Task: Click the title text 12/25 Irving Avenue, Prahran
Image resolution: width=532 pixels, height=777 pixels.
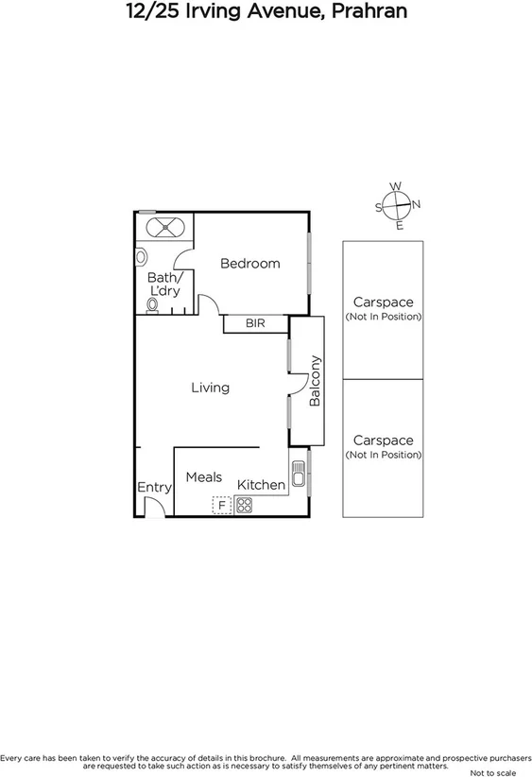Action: (x=266, y=12)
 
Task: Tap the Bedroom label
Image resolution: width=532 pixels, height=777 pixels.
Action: (x=250, y=264)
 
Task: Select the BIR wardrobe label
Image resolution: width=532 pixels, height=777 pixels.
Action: (x=255, y=323)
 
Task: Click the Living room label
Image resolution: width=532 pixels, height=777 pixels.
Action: (x=210, y=388)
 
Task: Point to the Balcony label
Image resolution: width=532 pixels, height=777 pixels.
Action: (x=317, y=381)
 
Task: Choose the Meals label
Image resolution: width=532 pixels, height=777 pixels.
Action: (x=203, y=477)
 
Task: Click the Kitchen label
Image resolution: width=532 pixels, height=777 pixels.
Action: (x=261, y=485)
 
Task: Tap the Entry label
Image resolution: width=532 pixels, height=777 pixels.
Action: (x=154, y=488)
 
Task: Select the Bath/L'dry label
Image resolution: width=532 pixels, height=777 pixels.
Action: (x=163, y=285)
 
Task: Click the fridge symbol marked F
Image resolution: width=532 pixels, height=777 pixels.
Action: (x=221, y=506)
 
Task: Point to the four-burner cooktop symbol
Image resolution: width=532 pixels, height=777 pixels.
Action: (x=244, y=506)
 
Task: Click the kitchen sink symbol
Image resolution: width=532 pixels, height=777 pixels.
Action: (x=299, y=472)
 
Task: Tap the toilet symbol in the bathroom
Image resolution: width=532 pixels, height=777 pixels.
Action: (x=152, y=306)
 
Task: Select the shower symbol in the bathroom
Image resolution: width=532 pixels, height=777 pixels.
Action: (x=163, y=228)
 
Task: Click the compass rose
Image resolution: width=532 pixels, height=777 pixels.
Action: (x=398, y=205)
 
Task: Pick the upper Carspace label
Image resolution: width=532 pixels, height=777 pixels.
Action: (x=383, y=308)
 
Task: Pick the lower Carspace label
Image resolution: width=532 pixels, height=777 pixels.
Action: (x=383, y=446)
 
